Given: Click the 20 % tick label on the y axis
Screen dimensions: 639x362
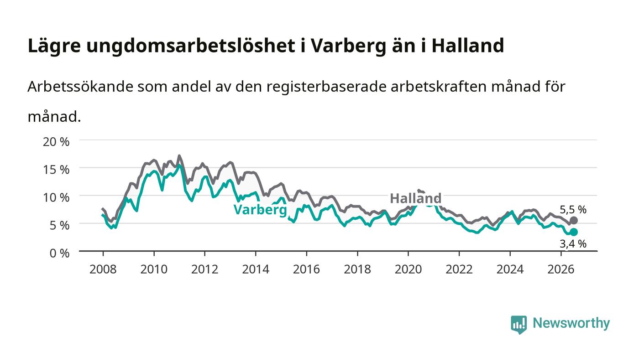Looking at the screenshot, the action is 56,142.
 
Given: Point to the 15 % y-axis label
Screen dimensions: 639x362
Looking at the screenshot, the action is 56,170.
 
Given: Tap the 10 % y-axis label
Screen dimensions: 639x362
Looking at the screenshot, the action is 56,197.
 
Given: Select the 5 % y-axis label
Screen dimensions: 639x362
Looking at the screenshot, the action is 59,225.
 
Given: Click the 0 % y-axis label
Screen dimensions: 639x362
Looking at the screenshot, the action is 59,253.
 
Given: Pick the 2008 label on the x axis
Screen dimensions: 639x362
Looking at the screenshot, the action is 103,269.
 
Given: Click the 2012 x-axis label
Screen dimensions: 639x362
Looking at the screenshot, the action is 204,269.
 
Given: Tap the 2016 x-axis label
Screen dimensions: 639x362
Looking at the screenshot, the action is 306,269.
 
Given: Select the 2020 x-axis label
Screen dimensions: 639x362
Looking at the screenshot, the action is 408,269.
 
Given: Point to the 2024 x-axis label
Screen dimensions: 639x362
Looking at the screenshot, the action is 510,269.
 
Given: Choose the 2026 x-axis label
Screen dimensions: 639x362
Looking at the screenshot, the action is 561,269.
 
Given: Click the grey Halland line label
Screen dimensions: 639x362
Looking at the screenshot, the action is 416,198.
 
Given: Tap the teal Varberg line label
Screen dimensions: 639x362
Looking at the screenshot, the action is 260,210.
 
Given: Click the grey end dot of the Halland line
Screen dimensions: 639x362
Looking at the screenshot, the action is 574,220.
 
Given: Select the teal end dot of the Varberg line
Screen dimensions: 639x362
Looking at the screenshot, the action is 574,232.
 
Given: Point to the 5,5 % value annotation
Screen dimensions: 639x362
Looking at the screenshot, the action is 573,210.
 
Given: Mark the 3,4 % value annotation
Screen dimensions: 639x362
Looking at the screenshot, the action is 573,244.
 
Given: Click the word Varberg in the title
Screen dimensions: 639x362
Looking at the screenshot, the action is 348,46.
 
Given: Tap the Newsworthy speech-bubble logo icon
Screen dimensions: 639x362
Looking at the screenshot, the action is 519,325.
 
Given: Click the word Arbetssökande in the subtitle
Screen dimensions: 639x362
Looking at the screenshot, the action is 80,86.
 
